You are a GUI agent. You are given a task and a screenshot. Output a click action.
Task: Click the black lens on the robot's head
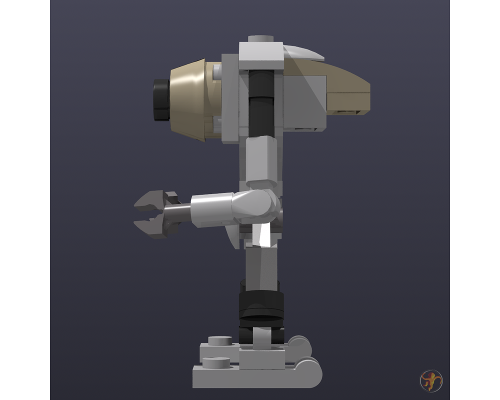(161, 100)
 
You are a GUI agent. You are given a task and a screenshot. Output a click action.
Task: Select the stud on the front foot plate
(212, 360)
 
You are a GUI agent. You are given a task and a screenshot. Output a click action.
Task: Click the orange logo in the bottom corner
(430, 380)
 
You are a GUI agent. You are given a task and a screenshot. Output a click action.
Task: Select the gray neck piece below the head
(260, 160)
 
